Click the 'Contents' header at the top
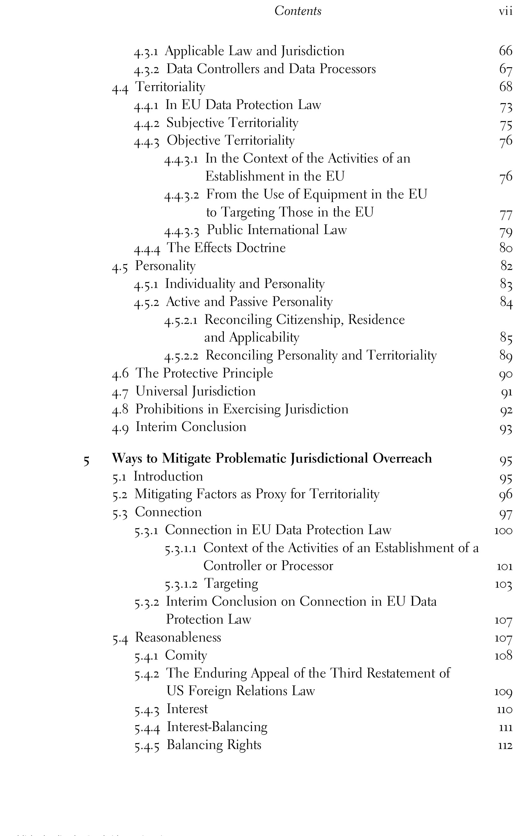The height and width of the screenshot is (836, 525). tap(298, 11)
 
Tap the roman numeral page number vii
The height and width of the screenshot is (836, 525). tap(505, 11)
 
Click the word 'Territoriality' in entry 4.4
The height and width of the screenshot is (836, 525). tap(170, 87)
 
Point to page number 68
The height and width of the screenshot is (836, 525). tap(505, 86)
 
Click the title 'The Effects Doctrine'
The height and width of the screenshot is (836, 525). tap(226, 248)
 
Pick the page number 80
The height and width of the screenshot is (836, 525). tap(505, 248)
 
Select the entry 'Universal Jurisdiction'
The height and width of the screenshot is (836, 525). tap(195, 391)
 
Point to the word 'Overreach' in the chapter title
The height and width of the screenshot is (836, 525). tap(402, 458)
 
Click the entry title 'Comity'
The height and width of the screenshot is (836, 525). tap(186, 655)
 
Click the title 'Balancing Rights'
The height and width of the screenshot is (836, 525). tap(214, 745)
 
